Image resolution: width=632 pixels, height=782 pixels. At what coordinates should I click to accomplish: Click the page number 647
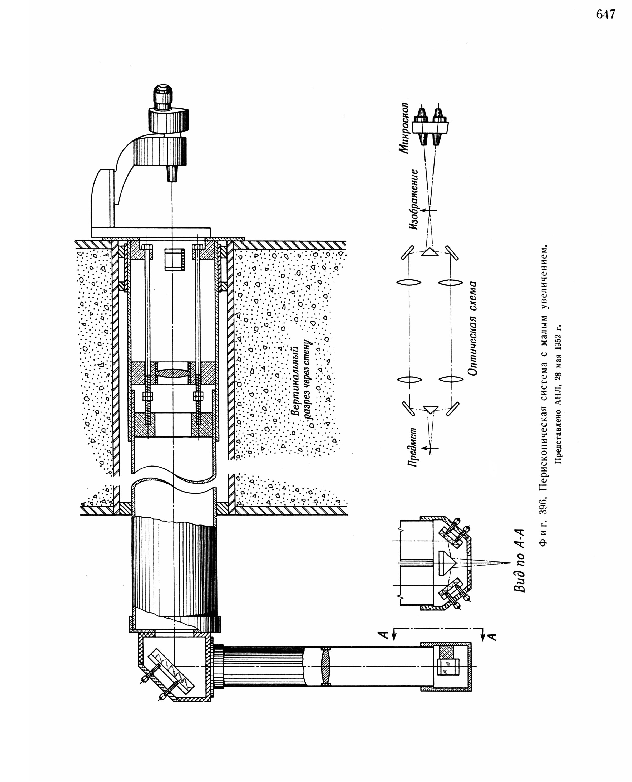coord(606,14)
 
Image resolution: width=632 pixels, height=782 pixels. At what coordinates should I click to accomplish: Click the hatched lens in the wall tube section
coord(173,373)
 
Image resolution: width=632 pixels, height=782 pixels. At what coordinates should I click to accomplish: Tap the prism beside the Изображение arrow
coord(429,252)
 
